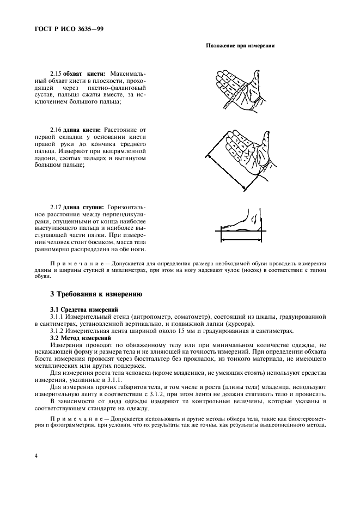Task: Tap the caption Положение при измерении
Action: point(240,46)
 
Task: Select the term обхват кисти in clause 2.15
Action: point(84,73)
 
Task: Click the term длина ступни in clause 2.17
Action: point(84,207)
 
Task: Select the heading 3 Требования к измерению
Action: point(96,294)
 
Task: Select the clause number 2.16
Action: point(56,130)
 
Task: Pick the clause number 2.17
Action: point(56,207)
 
